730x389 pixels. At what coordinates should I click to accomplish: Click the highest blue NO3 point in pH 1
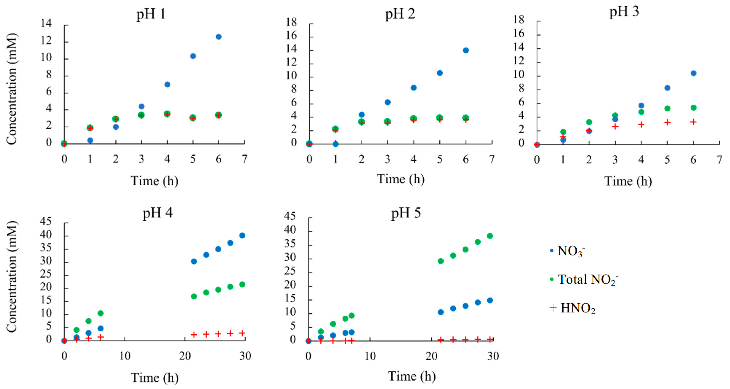[218, 37]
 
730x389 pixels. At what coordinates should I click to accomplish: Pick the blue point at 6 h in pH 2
[466, 50]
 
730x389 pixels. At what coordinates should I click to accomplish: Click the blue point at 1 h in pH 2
[335, 144]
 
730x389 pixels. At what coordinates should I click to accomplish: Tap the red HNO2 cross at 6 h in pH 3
[693, 122]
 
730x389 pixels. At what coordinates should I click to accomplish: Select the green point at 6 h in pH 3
[693, 108]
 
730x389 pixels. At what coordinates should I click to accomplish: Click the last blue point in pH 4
[242, 235]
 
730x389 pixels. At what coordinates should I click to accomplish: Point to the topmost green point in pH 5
[490, 236]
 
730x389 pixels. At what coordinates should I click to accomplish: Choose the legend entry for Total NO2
[587, 279]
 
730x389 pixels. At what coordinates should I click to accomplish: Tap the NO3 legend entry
[570, 251]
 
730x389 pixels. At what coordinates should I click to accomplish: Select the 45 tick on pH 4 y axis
[46, 221]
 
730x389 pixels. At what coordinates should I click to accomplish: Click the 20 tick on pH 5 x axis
[431, 356]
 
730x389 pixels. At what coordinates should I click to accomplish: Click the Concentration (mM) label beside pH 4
[12, 277]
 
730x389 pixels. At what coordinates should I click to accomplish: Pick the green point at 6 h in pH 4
[100, 313]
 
